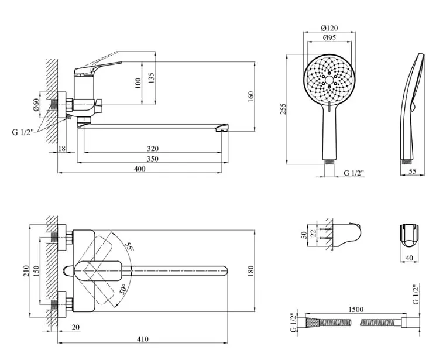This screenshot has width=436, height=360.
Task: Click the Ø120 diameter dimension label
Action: click(329, 28)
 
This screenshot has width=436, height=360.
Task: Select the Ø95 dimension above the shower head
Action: click(329, 38)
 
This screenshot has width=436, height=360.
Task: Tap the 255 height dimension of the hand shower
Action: click(283, 109)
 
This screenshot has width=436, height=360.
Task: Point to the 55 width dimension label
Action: click(413, 171)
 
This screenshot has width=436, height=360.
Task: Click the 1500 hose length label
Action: click(356, 310)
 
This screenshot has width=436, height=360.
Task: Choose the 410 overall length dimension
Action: click(143, 339)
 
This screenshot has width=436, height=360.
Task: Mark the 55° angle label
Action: click(129, 247)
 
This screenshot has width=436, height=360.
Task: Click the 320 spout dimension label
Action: click(153, 149)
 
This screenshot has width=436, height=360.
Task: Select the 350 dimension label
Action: click(153, 159)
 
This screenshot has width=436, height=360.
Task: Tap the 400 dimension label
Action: click(140, 169)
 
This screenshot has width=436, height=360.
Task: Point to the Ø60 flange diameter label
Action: click(36, 105)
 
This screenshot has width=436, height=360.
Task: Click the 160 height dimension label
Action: click(251, 97)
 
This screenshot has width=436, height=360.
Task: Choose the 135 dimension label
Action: click(151, 78)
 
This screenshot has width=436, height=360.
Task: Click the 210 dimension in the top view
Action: click(26, 271)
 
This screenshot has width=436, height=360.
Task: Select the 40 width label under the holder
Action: click(409, 258)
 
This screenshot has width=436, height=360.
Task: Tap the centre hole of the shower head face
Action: click(329, 80)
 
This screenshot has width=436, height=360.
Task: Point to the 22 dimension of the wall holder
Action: click(313, 233)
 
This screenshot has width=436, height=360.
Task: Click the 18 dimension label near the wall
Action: click(61, 149)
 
